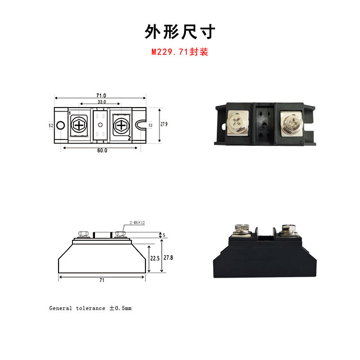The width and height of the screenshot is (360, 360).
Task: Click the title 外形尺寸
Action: (180, 31)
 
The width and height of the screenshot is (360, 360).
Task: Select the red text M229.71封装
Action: (180, 52)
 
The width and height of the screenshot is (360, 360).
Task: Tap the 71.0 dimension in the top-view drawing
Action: (101, 95)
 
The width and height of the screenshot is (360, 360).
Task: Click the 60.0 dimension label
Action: (102, 151)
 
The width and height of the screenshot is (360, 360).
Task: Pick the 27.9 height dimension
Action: (164, 125)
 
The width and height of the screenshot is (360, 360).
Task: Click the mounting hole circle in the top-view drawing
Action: (61, 125)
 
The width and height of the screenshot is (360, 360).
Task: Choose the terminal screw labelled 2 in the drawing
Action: (121, 125)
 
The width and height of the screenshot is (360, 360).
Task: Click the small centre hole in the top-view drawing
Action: (100, 125)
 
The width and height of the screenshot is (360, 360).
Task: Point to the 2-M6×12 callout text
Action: (137, 223)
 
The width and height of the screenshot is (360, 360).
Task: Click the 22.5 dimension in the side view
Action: (155, 259)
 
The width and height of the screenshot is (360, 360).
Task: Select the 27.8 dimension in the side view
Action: (168, 257)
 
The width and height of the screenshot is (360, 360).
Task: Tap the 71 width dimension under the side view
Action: (102, 280)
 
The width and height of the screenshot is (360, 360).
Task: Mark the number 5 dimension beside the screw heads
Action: (164, 235)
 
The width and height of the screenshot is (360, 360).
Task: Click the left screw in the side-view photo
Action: (238, 229)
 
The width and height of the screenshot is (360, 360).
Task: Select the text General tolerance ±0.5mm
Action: (90, 308)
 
